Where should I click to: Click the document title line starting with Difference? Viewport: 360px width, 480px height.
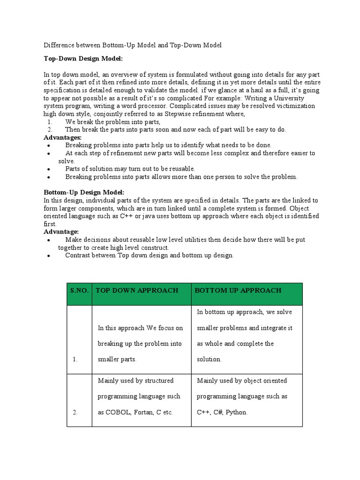(x=132, y=45)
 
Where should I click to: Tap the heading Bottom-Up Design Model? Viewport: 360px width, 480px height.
(x=84, y=193)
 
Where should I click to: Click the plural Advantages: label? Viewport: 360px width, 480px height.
(x=62, y=137)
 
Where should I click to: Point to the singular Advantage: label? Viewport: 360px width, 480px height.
(x=61, y=232)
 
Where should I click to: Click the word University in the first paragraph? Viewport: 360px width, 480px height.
(x=287, y=98)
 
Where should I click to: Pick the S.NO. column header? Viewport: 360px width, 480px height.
(x=79, y=290)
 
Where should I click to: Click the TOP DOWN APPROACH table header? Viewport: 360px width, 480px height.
(x=137, y=290)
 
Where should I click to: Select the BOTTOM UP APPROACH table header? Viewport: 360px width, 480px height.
(x=238, y=290)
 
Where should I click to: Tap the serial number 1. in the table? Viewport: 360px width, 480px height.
(x=75, y=359)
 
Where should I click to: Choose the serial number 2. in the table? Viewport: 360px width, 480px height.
(x=75, y=412)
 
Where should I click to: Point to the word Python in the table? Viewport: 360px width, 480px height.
(x=236, y=412)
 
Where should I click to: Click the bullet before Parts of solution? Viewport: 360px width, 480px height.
(x=49, y=169)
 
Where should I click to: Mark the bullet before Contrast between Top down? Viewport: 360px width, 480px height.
(x=49, y=256)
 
